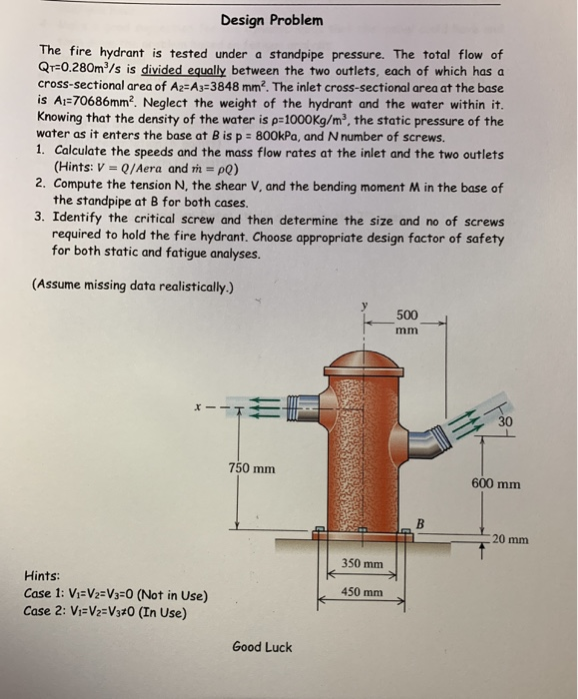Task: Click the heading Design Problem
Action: click(271, 20)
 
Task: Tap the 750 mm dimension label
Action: click(252, 468)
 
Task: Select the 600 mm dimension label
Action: click(496, 484)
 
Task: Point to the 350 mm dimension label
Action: click(361, 564)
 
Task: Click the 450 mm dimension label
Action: click(361, 591)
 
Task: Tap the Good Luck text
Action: click(262, 647)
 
